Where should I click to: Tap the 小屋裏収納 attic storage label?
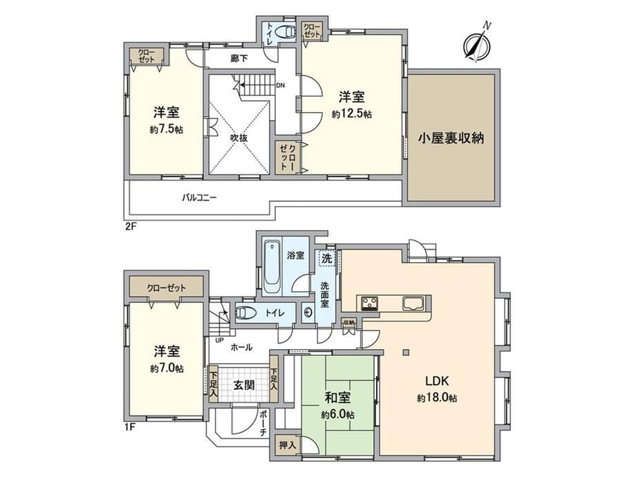pyautogui.click(x=451, y=138)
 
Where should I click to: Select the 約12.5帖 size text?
pyautogui.click(x=352, y=115)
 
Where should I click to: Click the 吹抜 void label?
pyautogui.click(x=239, y=138)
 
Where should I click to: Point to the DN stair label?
pyautogui.click(x=280, y=86)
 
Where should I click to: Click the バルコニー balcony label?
pyautogui.click(x=199, y=198)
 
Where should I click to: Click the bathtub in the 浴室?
pyautogui.click(x=272, y=268)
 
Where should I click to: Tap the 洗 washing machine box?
pyautogui.click(x=327, y=259)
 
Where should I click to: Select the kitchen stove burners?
pyautogui.click(x=370, y=303)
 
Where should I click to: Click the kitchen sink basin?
pyautogui.click(x=413, y=303)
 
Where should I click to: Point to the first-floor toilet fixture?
pyautogui.click(x=246, y=313)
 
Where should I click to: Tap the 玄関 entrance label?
pyautogui.click(x=244, y=385)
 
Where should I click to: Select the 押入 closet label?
pyautogui.click(x=288, y=445)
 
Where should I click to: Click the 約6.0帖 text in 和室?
pyautogui.click(x=337, y=415)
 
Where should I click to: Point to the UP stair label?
pyautogui.click(x=219, y=340)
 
